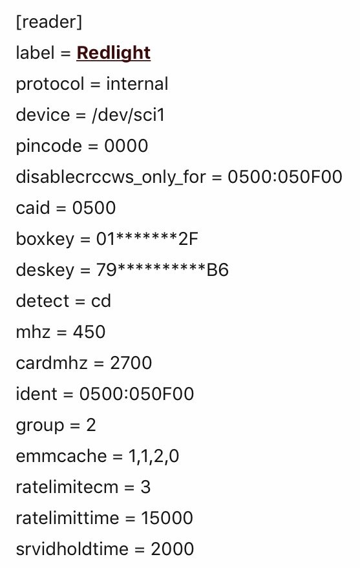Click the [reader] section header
coord(49,22)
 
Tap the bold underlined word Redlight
coord(113,53)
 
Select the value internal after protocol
coord(137,83)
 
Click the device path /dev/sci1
coord(128,115)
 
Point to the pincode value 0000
coord(126,146)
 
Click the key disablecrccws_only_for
coord(111,177)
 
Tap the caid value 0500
coord(94,208)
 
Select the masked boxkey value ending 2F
coord(147,238)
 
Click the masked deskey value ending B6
coord(162,270)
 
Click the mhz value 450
coord(89,331)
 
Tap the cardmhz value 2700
coord(131,363)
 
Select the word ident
coord(37,394)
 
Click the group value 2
coord(91,425)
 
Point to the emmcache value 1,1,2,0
coord(154,456)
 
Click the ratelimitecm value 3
coord(145,487)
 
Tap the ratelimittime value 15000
coord(167,518)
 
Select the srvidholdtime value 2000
coord(172,549)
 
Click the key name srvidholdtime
coord(72,549)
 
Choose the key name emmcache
coord(61,456)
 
